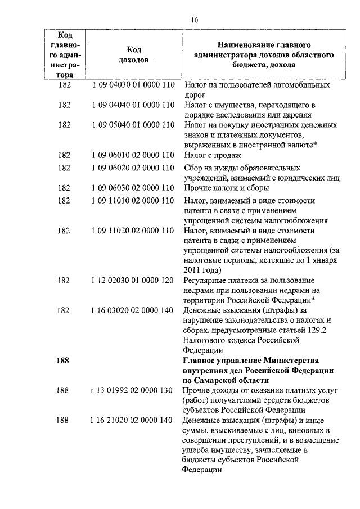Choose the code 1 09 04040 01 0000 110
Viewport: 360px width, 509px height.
(133, 105)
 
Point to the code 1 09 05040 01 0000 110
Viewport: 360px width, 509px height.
(133, 125)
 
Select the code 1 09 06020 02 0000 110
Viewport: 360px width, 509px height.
(133, 168)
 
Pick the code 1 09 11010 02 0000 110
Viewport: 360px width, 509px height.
(133, 200)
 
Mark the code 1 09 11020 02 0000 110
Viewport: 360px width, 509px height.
(133, 231)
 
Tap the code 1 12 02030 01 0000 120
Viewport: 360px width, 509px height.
(133, 280)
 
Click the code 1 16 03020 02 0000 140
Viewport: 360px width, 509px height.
(133, 310)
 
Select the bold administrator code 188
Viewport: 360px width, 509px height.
(63, 361)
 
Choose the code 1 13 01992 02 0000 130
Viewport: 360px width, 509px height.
(133, 390)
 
